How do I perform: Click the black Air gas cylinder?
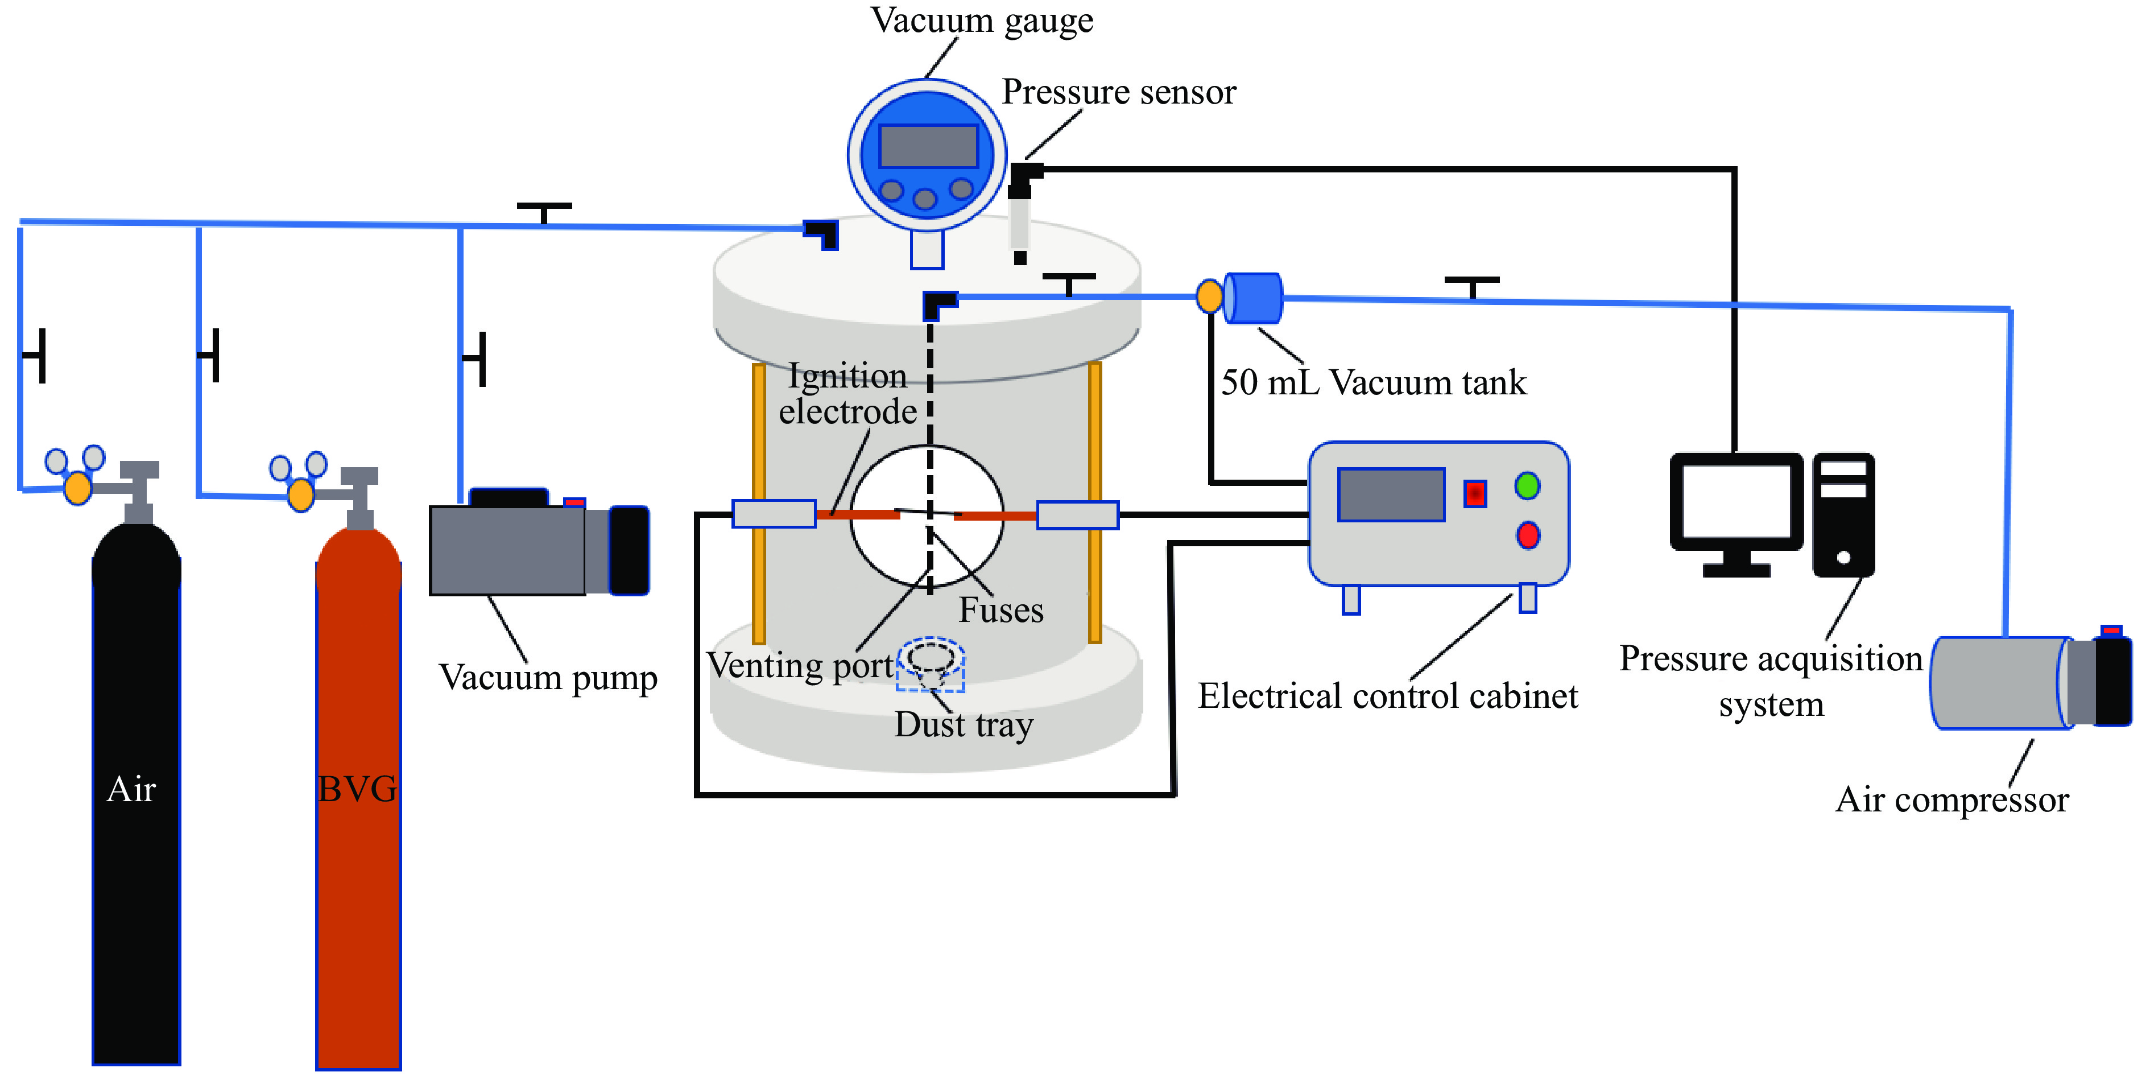[136, 793]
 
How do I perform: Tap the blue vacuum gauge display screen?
[928, 146]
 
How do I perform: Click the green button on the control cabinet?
[1527, 485]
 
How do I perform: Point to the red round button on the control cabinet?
[1527, 535]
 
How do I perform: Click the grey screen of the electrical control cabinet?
[1391, 494]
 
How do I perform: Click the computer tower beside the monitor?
[1843, 514]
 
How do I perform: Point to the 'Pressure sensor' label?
[1118, 92]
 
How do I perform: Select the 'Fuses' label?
[1000, 610]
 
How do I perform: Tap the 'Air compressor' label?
[1952, 799]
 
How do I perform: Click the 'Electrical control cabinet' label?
[1387, 695]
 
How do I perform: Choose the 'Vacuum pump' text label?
[548, 678]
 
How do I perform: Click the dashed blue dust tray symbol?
[931, 665]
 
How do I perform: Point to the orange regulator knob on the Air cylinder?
[77, 488]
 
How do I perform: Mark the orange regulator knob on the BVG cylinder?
[300, 494]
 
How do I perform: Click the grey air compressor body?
[2003, 683]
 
